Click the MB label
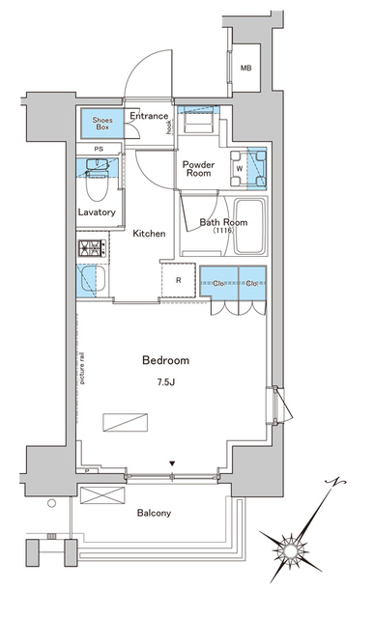pos(245,68)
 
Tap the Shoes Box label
pos(101,123)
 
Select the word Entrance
pos(148,116)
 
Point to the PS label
pos(100,149)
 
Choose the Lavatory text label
pos(98,212)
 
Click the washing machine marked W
pos(240,165)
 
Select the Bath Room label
pos(223,222)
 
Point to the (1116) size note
pos(224,232)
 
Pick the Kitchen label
pos(149,234)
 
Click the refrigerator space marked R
pos(179,282)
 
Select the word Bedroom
pos(164,359)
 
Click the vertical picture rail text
pos(84,367)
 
